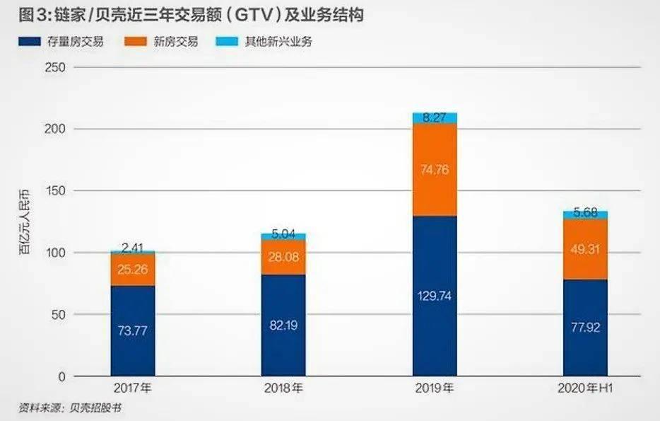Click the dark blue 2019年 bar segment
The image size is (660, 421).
[435, 295]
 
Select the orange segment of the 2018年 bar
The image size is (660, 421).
[283, 257]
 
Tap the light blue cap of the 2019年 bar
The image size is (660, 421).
[435, 117]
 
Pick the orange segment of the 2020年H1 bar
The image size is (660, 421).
[585, 248]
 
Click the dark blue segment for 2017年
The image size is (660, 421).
[133, 330]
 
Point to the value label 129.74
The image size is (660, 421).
[435, 296]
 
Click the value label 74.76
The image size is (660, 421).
[435, 170]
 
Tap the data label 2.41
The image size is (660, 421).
[133, 248]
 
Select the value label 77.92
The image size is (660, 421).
[585, 328]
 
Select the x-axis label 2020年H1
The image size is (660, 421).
[585, 388]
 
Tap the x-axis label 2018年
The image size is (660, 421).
[283, 388]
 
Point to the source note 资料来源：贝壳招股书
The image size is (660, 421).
[65, 408]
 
